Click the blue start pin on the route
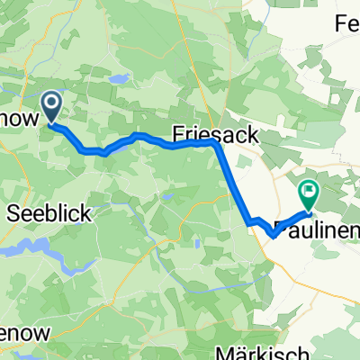click(x=51, y=108)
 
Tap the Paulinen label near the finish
click(x=315, y=228)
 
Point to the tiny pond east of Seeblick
click(x=166, y=194)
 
